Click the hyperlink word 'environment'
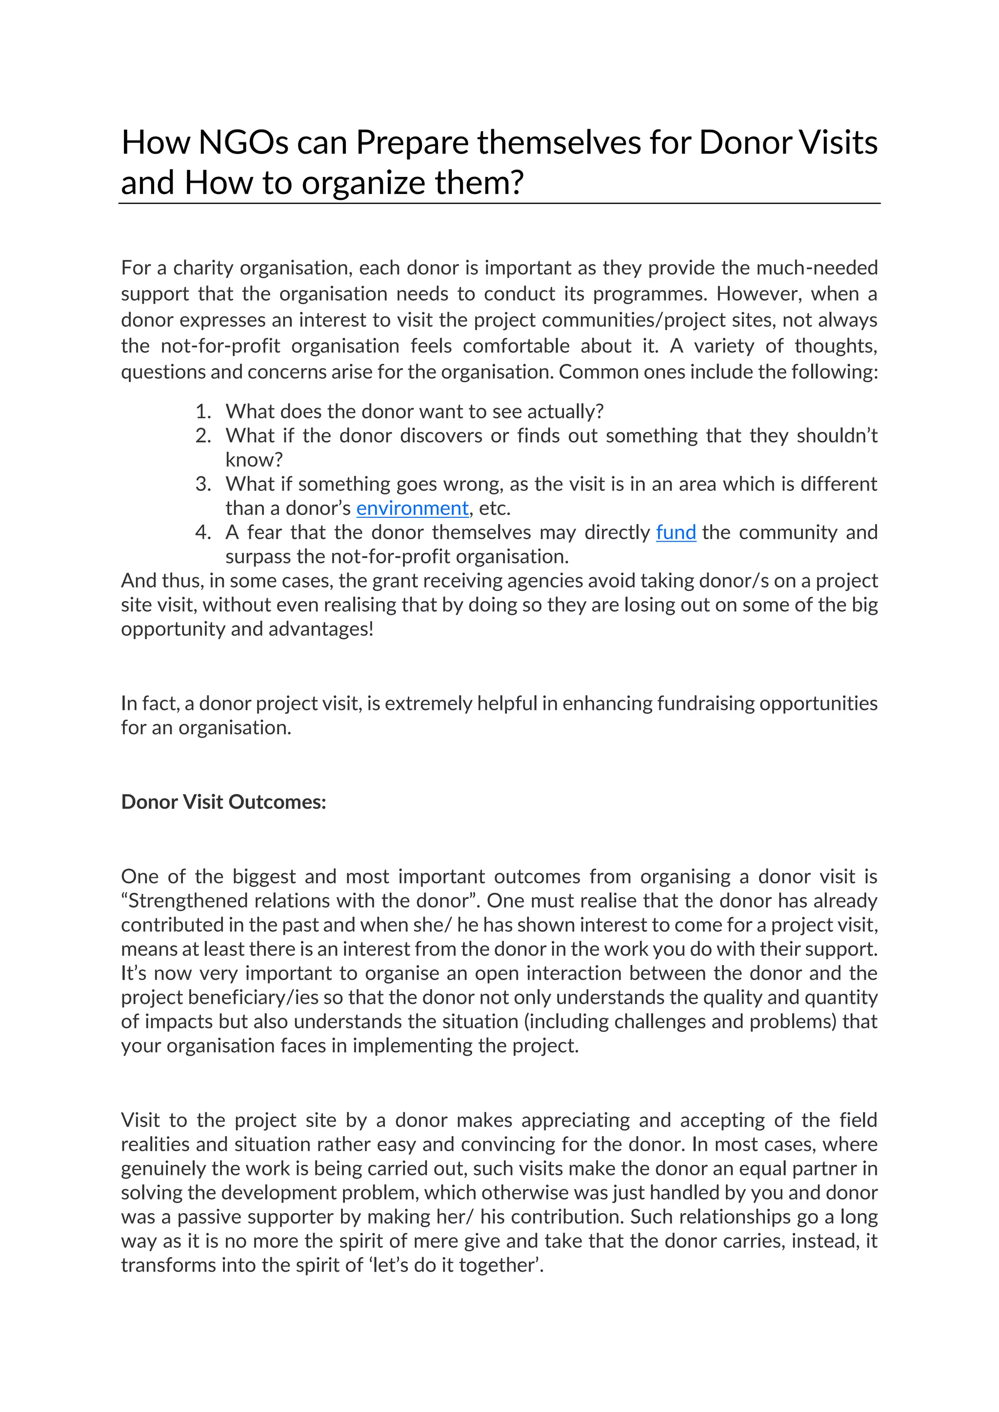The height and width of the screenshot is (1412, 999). [412, 508]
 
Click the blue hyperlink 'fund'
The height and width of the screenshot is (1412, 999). [676, 532]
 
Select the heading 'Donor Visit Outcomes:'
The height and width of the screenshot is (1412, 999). [223, 802]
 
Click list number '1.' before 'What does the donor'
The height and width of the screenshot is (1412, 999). [203, 412]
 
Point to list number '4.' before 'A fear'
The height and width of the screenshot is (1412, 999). [203, 532]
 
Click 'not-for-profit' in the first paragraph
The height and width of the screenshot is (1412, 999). [220, 346]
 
